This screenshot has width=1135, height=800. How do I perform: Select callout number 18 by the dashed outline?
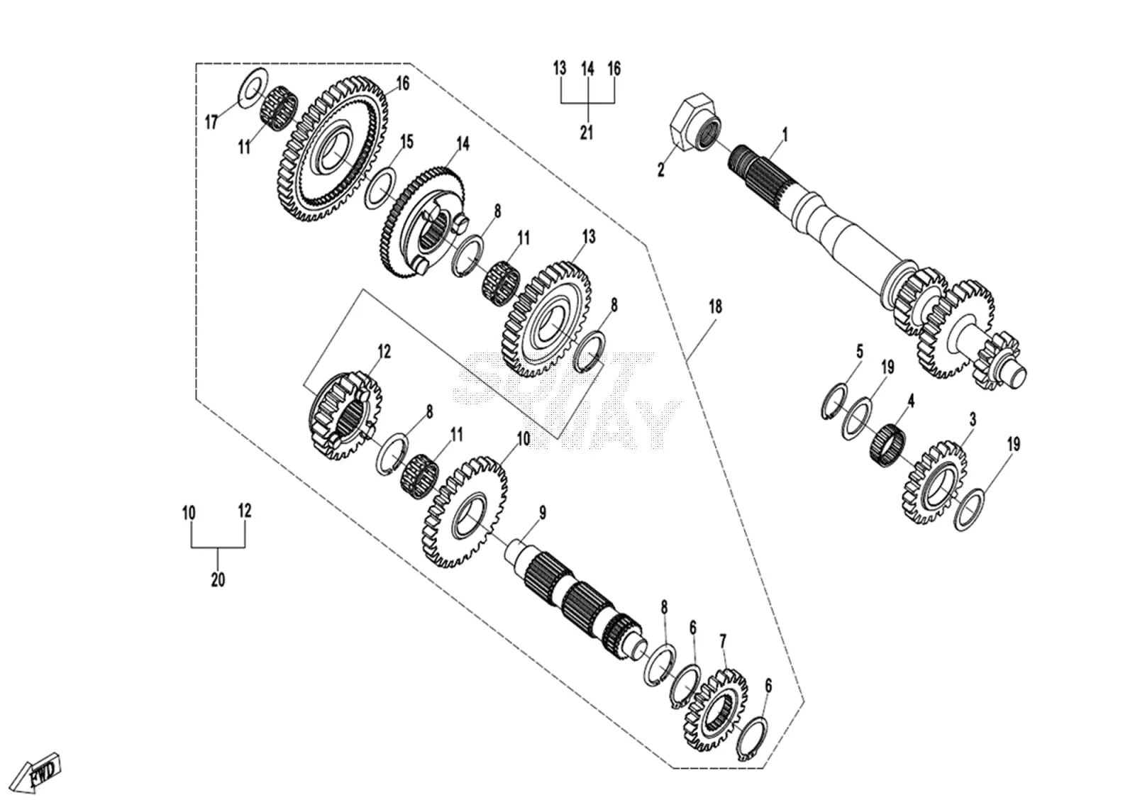pyautogui.click(x=715, y=307)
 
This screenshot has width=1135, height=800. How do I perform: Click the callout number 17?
pyautogui.click(x=211, y=122)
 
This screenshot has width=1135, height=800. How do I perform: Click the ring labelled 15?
pyautogui.click(x=380, y=188)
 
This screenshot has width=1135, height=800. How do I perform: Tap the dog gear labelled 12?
pyautogui.click(x=345, y=416)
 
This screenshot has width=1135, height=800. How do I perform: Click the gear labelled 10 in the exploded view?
pyautogui.click(x=464, y=512)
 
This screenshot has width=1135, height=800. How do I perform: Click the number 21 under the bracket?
pyautogui.click(x=586, y=133)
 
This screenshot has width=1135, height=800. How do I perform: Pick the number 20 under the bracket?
pyautogui.click(x=218, y=579)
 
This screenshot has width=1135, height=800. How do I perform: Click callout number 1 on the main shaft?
pyautogui.click(x=785, y=135)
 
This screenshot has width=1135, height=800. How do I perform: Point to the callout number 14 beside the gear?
pyautogui.click(x=463, y=143)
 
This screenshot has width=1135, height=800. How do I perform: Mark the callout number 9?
pyautogui.click(x=543, y=513)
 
